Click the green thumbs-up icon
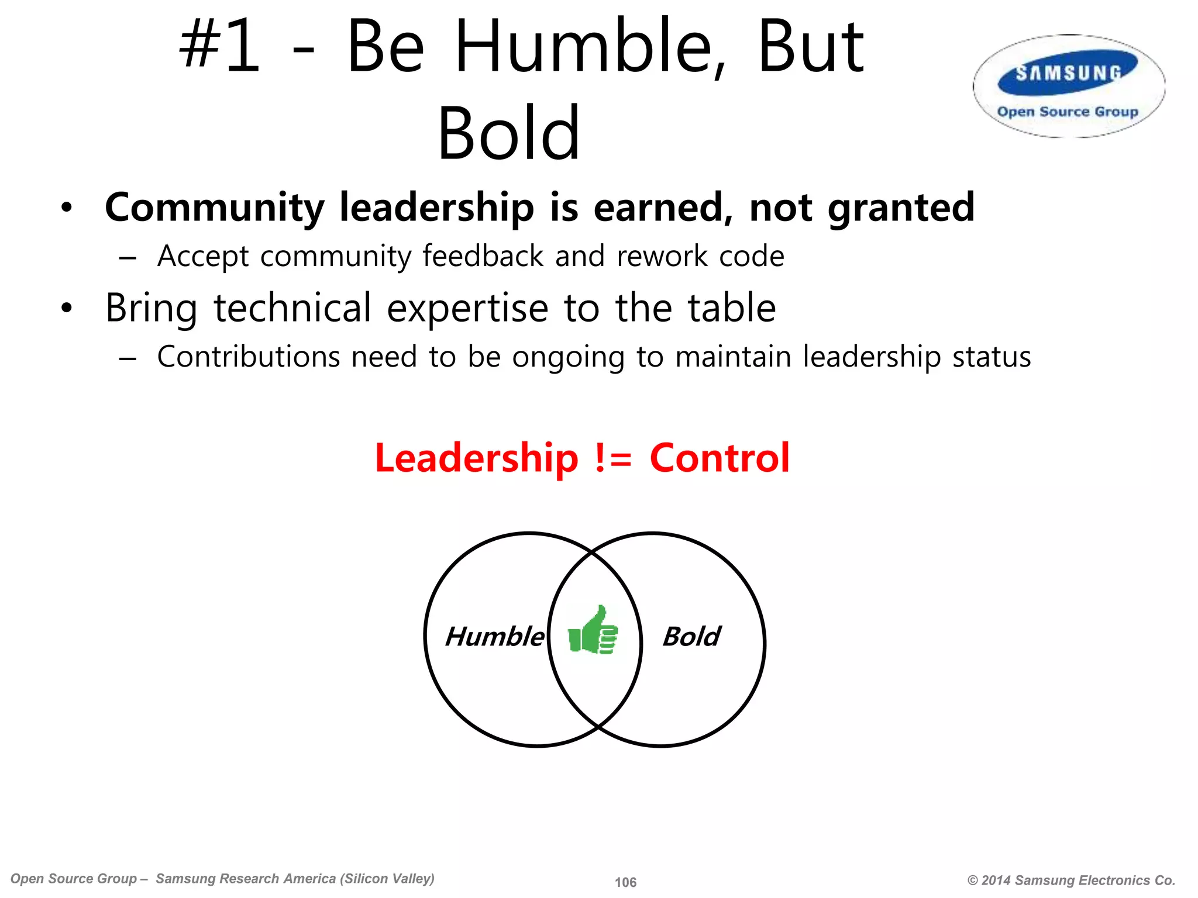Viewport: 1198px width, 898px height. coord(593,631)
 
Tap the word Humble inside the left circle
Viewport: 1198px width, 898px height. coord(494,636)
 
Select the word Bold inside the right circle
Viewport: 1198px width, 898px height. coord(691,636)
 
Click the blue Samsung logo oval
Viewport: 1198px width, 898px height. coord(1068,73)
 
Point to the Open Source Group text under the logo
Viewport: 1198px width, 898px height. coord(1068,111)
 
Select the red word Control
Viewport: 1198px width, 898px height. coord(720,458)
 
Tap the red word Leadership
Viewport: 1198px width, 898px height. coord(476,458)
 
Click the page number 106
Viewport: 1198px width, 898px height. coord(625,882)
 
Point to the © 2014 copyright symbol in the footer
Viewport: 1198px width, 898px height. coord(973,880)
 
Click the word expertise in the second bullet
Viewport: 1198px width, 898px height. coord(467,308)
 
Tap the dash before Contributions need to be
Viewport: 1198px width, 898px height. coord(128,358)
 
